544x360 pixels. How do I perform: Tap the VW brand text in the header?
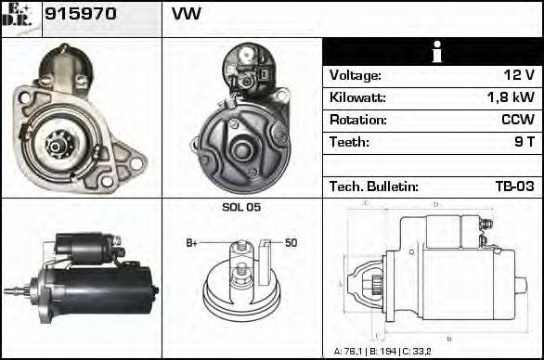coord(187,15)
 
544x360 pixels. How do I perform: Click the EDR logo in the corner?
coord(20,15)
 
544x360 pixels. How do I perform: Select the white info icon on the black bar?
coord(433,52)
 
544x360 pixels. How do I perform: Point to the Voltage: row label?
coord(356,75)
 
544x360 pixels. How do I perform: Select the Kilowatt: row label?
coord(357,97)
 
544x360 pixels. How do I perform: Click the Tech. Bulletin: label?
coord(373,186)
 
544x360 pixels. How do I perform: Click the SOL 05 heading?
coord(241,208)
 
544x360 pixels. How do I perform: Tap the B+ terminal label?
coord(192,243)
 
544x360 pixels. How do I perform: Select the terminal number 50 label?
coord(291,243)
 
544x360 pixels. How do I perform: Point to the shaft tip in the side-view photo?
coord(11,290)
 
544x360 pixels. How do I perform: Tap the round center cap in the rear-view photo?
coord(244,147)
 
